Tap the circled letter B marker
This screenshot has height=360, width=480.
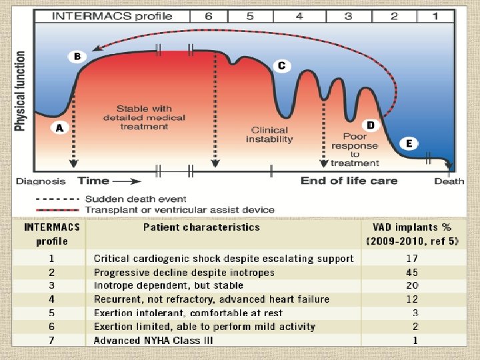pos(77,57)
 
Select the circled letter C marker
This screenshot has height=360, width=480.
pos(282,65)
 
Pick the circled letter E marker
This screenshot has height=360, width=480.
pos(408,143)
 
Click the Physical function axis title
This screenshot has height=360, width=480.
pos(21,91)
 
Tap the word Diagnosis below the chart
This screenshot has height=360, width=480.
pos(41,181)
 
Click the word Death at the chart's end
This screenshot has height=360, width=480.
pos(449,181)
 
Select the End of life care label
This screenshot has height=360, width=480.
pos(349,180)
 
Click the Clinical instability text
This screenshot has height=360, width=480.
pos(269,135)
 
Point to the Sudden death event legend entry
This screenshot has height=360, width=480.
pos(136,199)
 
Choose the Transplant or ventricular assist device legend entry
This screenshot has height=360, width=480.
pos(179,209)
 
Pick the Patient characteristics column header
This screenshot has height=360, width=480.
pos(201,227)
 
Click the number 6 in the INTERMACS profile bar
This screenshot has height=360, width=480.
pos(209,15)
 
